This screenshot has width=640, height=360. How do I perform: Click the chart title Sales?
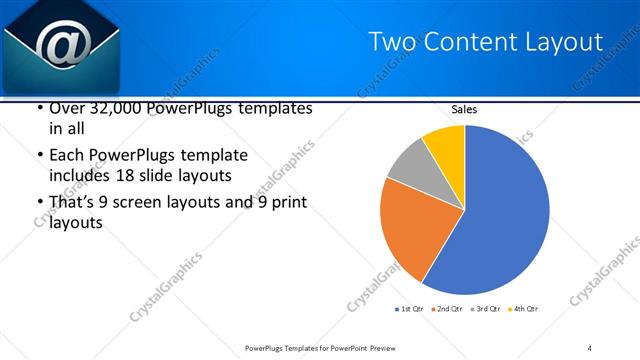tap(464, 110)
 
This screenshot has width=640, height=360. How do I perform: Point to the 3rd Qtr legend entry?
tap(487, 309)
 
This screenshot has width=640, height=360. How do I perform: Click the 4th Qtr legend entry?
tap(524, 309)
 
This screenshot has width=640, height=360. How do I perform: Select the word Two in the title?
tap(388, 41)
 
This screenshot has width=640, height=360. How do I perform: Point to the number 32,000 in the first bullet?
tap(117, 108)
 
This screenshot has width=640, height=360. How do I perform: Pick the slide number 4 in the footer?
tap(590, 347)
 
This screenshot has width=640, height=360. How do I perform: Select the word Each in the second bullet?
tap(68, 156)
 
